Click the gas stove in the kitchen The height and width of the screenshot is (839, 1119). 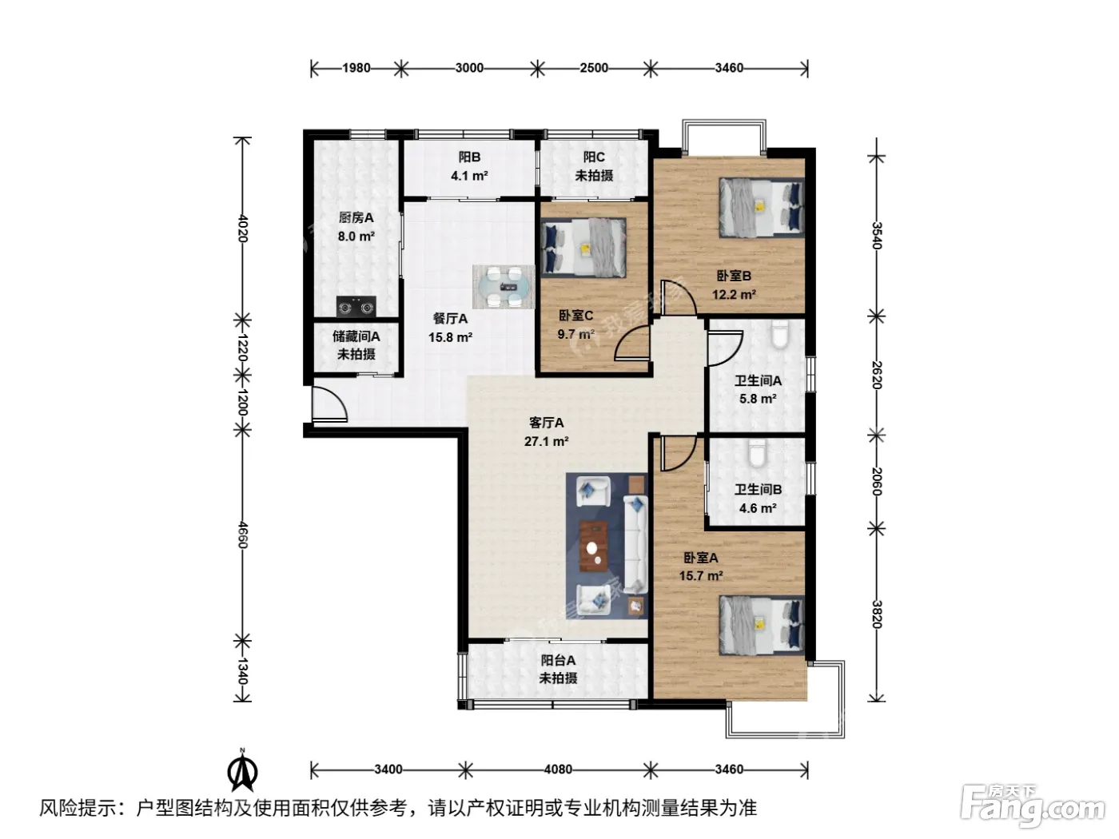pos(356,307)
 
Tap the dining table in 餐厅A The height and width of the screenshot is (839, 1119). pos(504,287)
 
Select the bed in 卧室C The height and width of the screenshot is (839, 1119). pos(583,248)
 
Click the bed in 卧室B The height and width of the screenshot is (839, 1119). pos(762,207)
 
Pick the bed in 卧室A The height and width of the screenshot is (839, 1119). pos(762,626)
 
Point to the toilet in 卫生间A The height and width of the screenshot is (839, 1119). pos(779,335)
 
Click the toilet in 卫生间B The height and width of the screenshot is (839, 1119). pos(758,453)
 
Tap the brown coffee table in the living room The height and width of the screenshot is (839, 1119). pos(594,546)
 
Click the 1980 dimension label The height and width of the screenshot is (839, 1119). pos(356,68)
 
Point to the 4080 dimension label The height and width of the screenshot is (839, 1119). pos(558,769)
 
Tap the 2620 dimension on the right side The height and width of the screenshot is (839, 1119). pos(876,375)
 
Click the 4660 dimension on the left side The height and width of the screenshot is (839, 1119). pos(242,535)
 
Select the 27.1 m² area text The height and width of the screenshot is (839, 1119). pos(547,441)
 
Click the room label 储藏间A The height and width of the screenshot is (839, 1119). pos(356,336)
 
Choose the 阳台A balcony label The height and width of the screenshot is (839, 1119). pos(558,660)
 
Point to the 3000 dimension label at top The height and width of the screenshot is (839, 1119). pos(469,68)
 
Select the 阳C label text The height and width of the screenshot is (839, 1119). pos(594,157)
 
